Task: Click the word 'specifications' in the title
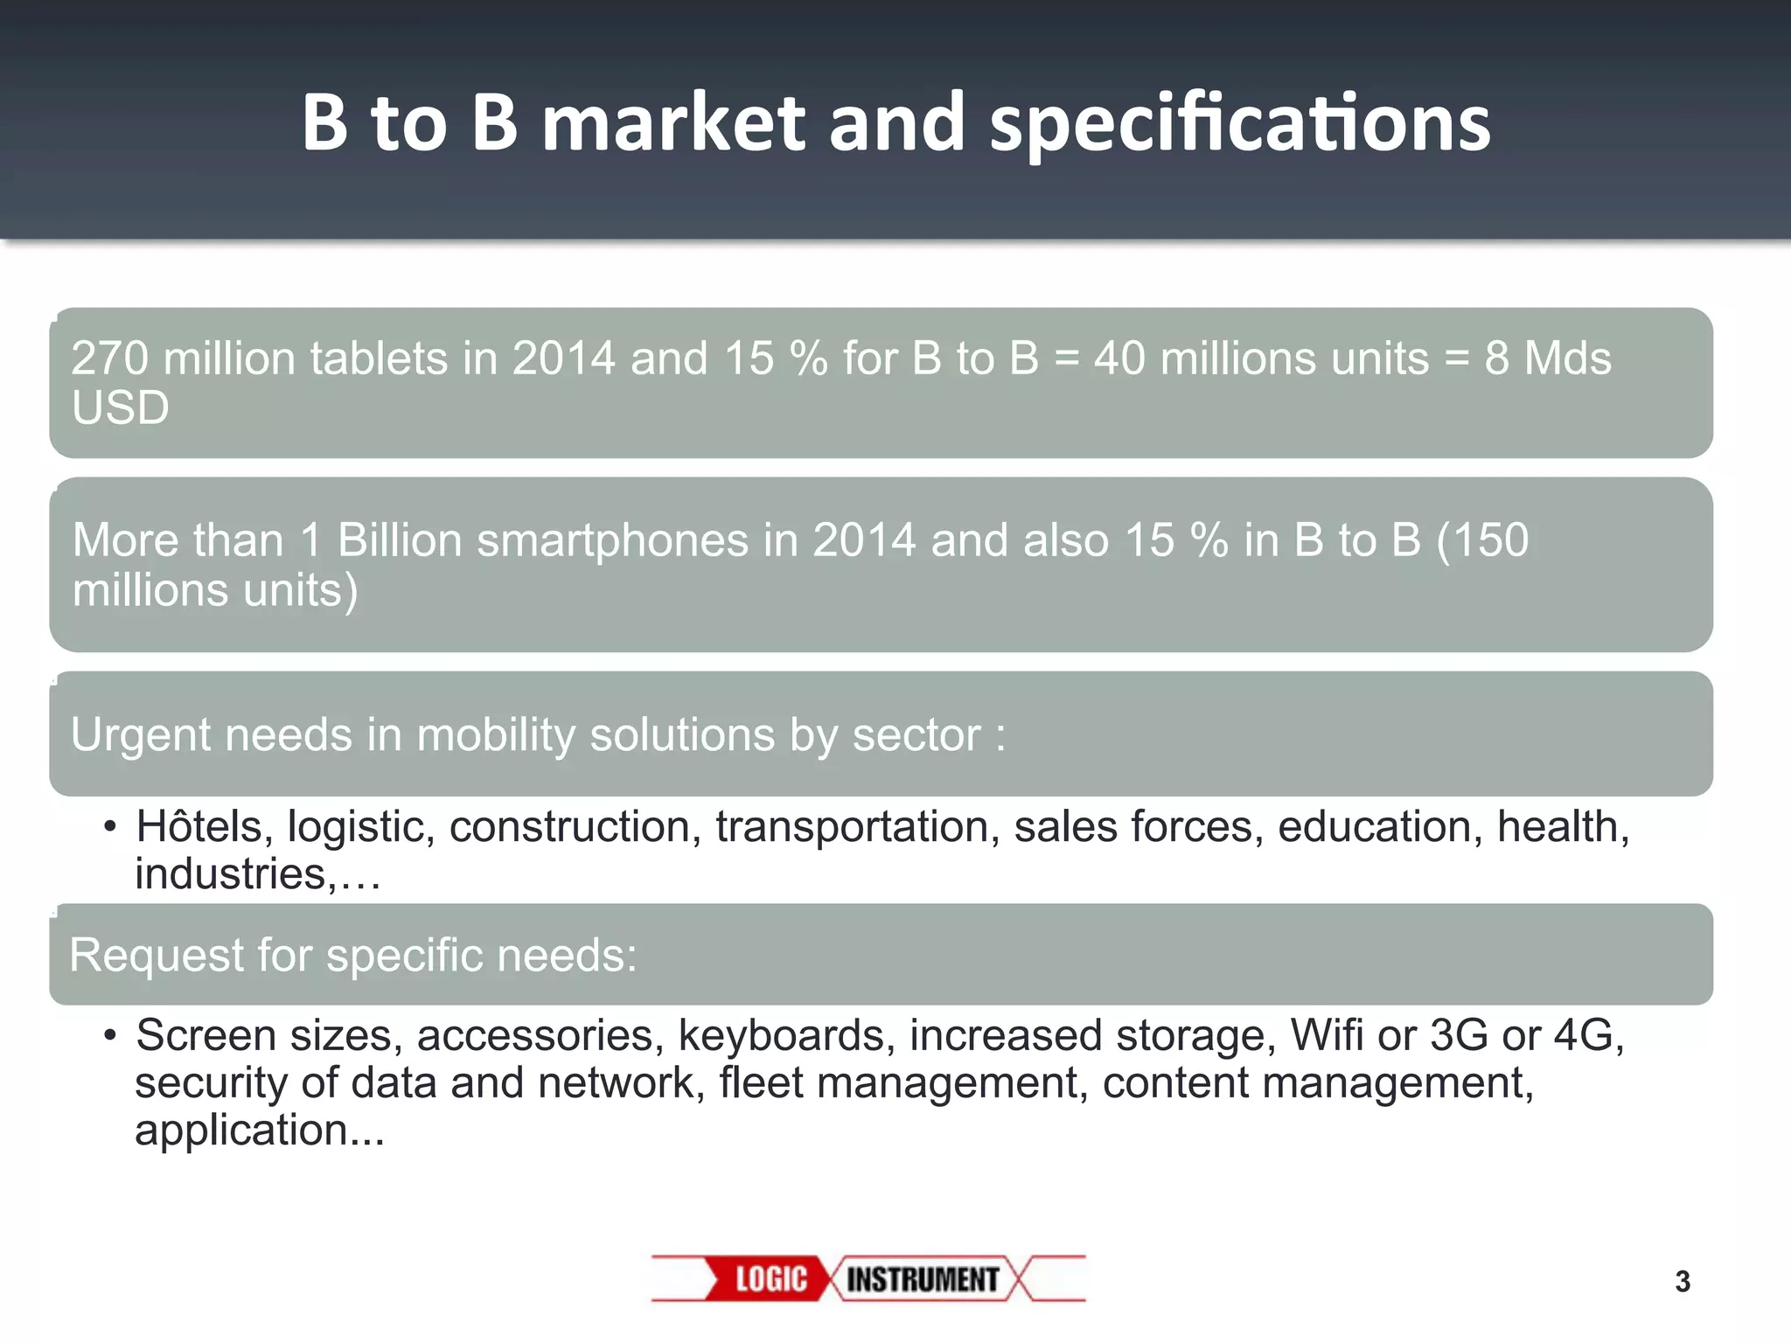[1240, 125]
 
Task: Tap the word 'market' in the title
[672, 123]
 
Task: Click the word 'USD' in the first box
[121, 408]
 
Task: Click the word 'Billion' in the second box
[400, 539]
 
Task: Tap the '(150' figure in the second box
[1482, 539]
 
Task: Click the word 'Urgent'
[140, 734]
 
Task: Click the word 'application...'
[259, 1131]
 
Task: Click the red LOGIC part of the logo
[770, 1279]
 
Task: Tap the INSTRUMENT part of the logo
[922, 1279]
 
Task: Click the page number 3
[1683, 1282]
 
